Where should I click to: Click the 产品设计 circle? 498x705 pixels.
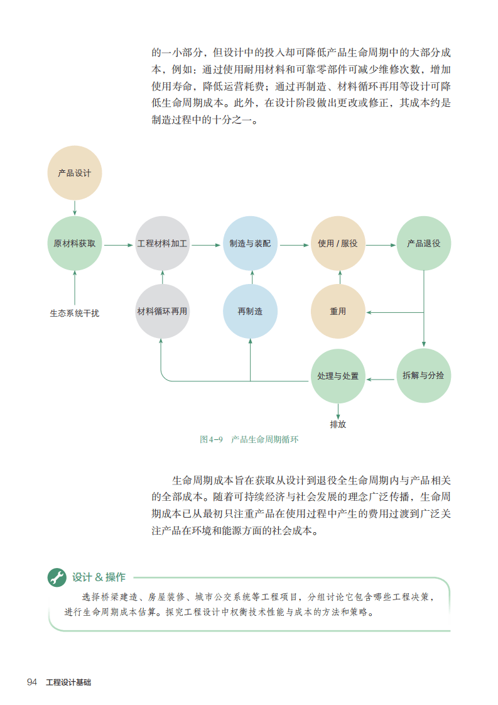[x=74, y=173]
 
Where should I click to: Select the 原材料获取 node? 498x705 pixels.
[x=74, y=244]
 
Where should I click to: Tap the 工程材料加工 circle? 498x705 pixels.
[x=162, y=244]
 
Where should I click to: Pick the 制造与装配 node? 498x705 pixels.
[x=250, y=244]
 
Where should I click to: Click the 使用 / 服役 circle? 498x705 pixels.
[x=338, y=244]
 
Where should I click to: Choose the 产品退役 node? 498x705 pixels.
[x=424, y=244]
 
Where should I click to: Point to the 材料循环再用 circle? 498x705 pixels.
[x=162, y=311]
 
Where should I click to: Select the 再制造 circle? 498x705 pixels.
[x=250, y=311]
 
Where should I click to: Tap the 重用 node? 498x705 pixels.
[x=338, y=311]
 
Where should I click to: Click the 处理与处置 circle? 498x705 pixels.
[x=338, y=376]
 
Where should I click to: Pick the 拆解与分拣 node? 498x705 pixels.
[x=424, y=376]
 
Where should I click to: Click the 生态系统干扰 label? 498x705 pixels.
[x=74, y=312]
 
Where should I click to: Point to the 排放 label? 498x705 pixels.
[x=338, y=424]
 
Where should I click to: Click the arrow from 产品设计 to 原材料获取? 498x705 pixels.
[x=74, y=208]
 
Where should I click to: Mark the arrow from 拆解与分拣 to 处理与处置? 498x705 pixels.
[x=381, y=379]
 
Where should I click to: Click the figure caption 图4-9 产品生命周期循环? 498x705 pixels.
[x=249, y=440]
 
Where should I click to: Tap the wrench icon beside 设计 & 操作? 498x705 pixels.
[x=57, y=577]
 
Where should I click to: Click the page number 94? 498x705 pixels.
[x=33, y=682]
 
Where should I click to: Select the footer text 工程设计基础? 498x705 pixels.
[x=68, y=682]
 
